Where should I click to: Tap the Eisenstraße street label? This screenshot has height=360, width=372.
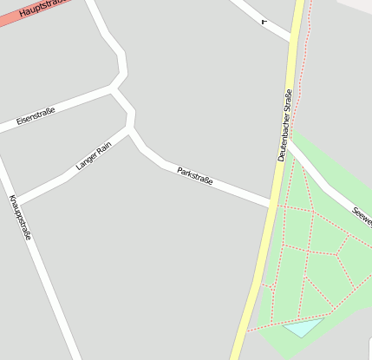[36, 115]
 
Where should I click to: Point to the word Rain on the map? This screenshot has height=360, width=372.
[105, 147]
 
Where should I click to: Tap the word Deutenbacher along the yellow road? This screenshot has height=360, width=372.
[283, 143]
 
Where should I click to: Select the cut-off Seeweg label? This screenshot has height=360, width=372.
[362, 213]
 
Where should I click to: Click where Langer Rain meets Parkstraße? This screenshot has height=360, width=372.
[131, 130]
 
